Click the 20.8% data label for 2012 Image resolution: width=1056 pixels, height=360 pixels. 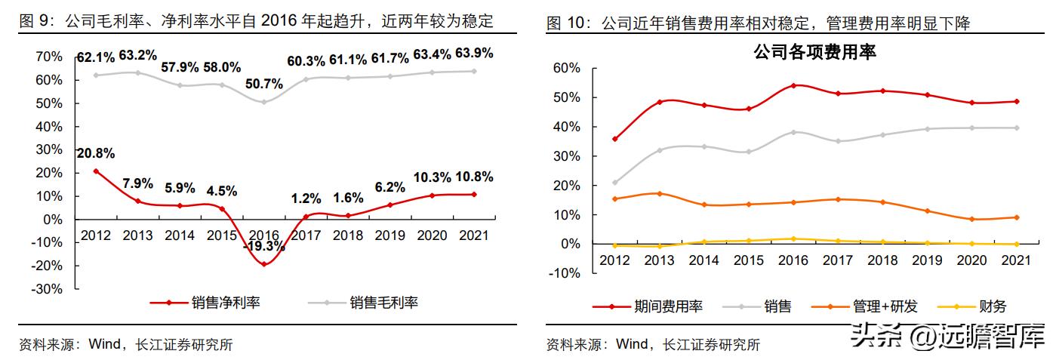point(96,153)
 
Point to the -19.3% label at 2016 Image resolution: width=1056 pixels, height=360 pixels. point(264,246)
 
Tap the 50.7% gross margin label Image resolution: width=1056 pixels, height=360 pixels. point(264,83)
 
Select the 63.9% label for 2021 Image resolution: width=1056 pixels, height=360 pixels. point(473,53)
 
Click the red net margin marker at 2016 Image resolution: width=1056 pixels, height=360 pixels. point(264,264)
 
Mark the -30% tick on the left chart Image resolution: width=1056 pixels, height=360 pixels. point(47,289)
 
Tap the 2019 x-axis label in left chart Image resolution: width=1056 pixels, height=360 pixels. point(389,235)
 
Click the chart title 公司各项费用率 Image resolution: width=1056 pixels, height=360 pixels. point(814,52)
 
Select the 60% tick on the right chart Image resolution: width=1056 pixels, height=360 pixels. point(566,68)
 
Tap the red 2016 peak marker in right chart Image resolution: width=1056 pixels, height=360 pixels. point(793,85)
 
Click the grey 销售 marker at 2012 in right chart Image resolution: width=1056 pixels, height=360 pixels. point(614,183)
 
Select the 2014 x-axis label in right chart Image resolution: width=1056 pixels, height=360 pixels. point(703,260)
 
